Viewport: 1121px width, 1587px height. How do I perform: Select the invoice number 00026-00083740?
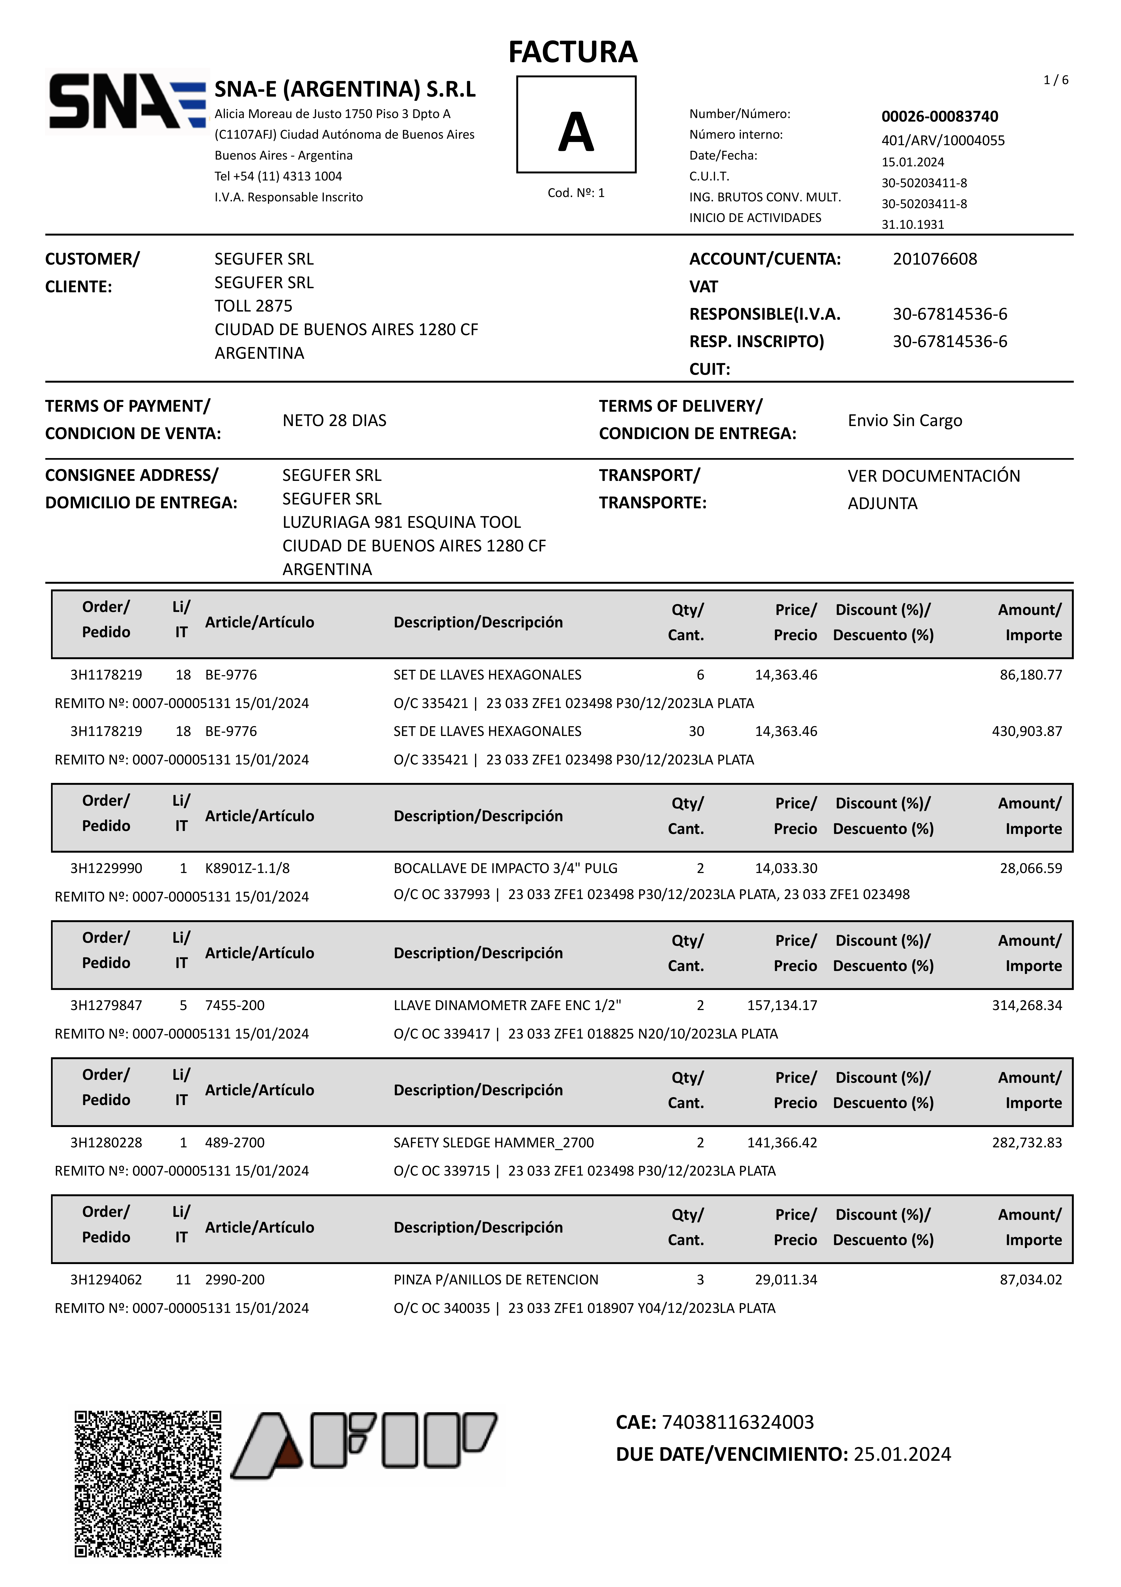coord(939,116)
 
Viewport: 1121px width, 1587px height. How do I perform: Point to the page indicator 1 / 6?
coord(1055,80)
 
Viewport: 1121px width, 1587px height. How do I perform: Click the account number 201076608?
coord(934,259)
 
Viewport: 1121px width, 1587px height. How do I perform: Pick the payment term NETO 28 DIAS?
coord(335,420)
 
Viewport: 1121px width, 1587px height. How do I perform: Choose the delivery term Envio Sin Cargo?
coord(905,420)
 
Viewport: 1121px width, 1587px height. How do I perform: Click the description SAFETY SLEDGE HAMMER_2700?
coord(493,1142)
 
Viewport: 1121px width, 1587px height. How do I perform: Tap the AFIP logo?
coord(364,1445)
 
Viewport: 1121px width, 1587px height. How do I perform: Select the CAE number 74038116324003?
coord(737,1422)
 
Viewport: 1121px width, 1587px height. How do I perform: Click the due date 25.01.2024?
coord(902,1454)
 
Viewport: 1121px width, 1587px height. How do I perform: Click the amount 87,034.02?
coord(1030,1280)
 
